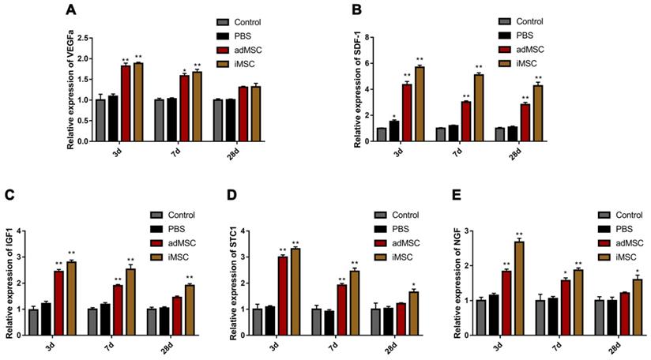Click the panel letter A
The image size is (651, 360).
72,10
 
